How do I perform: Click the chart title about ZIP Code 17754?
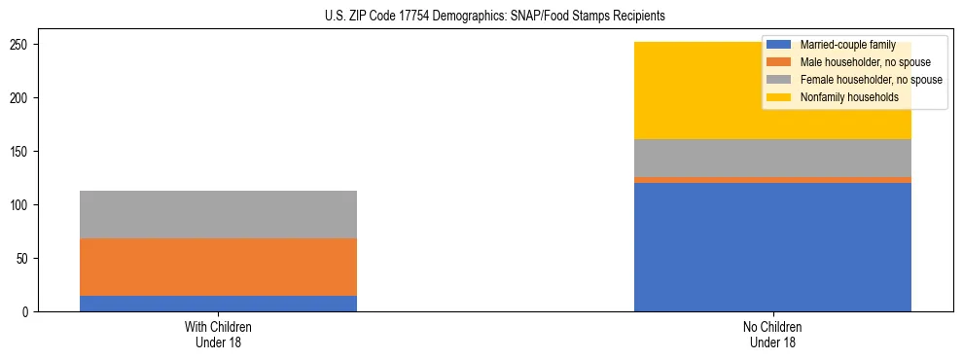pos(481,17)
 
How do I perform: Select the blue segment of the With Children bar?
pos(218,303)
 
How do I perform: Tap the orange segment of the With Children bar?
pos(218,267)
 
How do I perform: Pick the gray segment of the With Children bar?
pos(218,214)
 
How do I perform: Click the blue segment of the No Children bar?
pos(772,247)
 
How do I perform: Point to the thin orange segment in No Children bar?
pos(772,180)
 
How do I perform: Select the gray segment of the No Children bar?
pos(772,158)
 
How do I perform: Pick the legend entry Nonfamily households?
pos(842,97)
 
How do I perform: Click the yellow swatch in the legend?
pos(779,97)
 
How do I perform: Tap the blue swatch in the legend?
pos(779,45)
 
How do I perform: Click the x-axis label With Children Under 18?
pos(218,334)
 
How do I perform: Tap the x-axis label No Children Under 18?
pos(772,334)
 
